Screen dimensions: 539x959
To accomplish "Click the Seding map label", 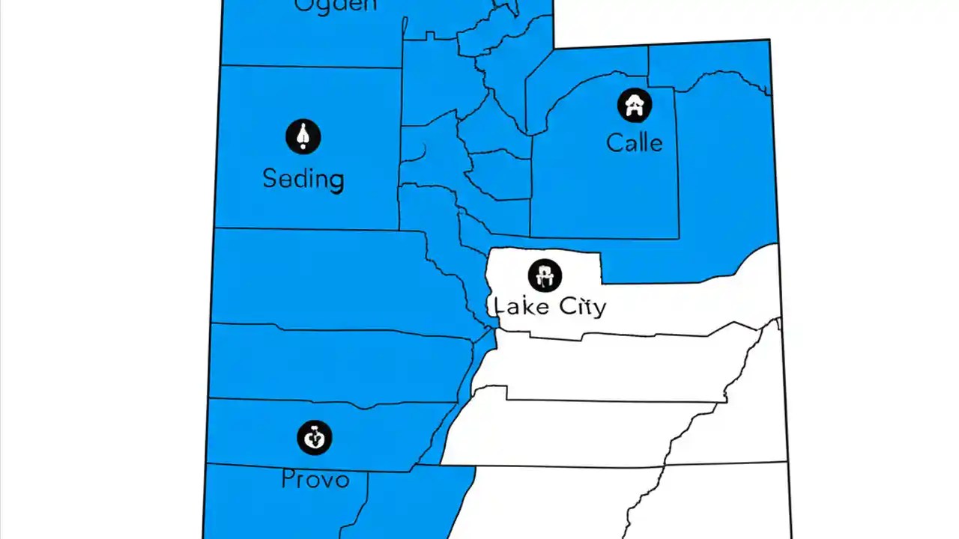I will pos(303,179).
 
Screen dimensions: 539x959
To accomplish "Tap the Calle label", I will pos(634,142).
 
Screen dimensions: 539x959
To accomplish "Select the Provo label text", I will pos(315,479).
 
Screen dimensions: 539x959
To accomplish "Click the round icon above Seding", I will pos(303,137).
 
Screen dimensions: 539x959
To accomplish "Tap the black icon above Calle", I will pos(635,106).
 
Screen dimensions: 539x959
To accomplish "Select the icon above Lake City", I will pos(545,275).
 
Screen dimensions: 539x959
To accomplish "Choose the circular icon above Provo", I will pos(315,437).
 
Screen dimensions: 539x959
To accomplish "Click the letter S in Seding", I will pos(270,178).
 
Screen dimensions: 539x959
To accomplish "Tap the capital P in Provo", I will pos(288,479).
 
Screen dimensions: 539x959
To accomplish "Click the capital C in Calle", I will pos(615,142).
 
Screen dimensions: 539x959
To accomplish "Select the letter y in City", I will pos(598,308).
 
